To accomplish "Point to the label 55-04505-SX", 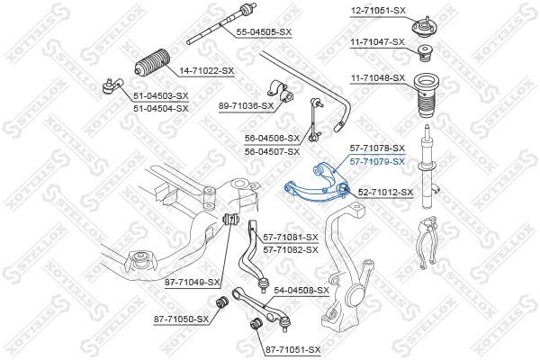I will pyautogui.click(x=264, y=32).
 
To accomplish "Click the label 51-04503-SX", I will pyautogui.click(x=161, y=95).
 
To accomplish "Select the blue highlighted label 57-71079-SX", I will pyautogui.click(x=378, y=162).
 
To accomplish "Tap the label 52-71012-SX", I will pyautogui.click(x=386, y=192).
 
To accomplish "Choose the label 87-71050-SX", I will pyautogui.click(x=181, y=319).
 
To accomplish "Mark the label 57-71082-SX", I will pyautogui.click(x=291, y=248).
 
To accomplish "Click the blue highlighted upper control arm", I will pyautogui.click(x=310, y=184).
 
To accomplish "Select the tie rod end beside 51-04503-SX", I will pyautogui.click(x=108, y=86).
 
